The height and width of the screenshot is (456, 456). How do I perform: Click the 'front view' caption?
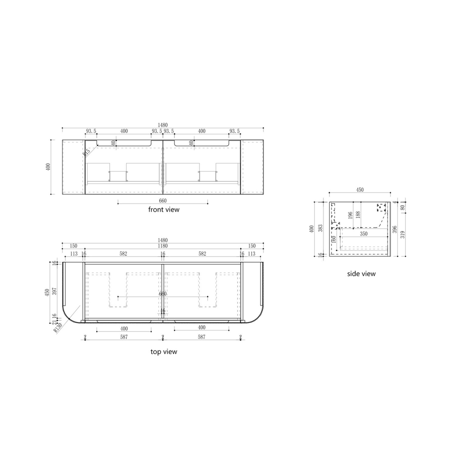tap(163, 209)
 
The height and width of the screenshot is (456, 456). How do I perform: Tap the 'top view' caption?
tap(164, 352)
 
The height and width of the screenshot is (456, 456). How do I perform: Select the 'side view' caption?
tap(361, 274)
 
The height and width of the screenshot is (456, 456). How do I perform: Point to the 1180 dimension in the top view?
tap(163, 246)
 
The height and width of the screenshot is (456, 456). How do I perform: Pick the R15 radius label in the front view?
tap(87, 152)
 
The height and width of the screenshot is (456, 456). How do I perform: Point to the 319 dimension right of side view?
tap(402, 234)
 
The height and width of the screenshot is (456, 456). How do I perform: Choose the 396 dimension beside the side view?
tap(394, 230)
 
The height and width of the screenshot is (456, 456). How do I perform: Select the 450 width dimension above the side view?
tap(360, 190)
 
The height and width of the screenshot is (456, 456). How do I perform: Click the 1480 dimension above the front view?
tap(163, 125)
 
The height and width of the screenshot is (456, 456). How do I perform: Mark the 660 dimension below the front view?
tap(163, 201)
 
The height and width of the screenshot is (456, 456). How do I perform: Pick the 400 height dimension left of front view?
tap(49, 167)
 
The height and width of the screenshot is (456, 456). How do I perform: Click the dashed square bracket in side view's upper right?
tap(381, 207)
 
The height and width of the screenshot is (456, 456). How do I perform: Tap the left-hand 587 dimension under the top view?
tap(124, 337)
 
